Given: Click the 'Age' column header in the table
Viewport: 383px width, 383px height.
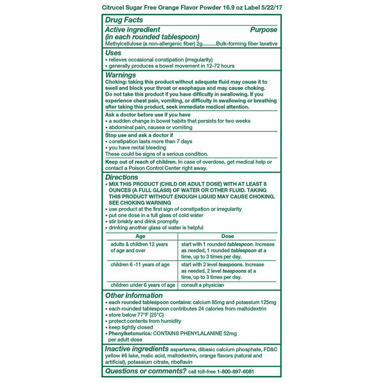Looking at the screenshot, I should [x=141, y=236].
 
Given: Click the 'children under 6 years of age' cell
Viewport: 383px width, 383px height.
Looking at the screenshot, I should [x=142, y=285].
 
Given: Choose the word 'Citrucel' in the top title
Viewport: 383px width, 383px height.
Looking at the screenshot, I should [x=117, y=7].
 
